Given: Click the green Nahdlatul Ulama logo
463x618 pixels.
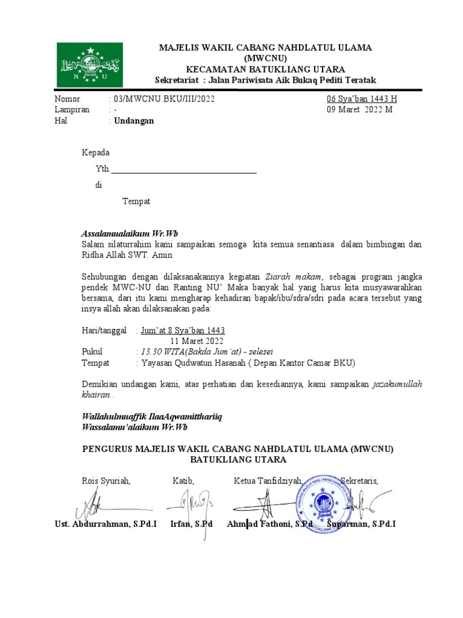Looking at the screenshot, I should tap(90, 64).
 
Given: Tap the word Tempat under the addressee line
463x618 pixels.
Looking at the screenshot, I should tap(136, 202).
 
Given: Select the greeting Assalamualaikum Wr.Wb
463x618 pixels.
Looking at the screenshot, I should tap(130, 234).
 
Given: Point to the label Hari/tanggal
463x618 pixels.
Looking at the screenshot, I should tap(104, 331).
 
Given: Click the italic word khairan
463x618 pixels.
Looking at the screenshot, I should tap(96, 395).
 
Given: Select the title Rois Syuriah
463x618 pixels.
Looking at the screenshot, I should tap(106, 481).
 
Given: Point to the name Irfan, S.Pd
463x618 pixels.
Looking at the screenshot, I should tap(192, 524).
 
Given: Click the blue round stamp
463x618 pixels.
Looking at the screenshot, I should tap(323, 500).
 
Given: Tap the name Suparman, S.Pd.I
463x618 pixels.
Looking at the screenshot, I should tap(362, 524).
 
